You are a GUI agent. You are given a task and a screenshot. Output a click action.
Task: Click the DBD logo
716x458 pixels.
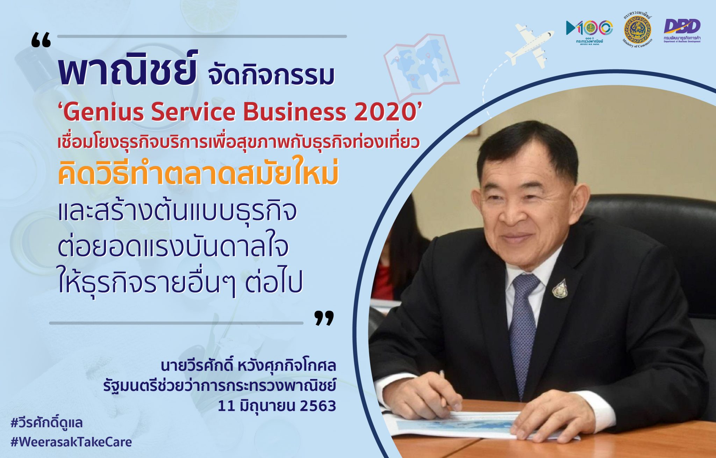pos(682,30)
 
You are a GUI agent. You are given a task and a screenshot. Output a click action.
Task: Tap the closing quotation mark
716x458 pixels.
pos(324,318)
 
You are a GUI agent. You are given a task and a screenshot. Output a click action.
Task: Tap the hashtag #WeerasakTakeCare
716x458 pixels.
pos(71,442)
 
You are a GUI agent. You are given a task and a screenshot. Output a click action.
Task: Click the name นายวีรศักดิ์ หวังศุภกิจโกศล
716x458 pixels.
pos(248,366)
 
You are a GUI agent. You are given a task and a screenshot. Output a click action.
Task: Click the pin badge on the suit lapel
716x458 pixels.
pos(560,288)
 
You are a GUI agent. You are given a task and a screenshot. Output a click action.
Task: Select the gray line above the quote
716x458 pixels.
pos(202,36)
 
